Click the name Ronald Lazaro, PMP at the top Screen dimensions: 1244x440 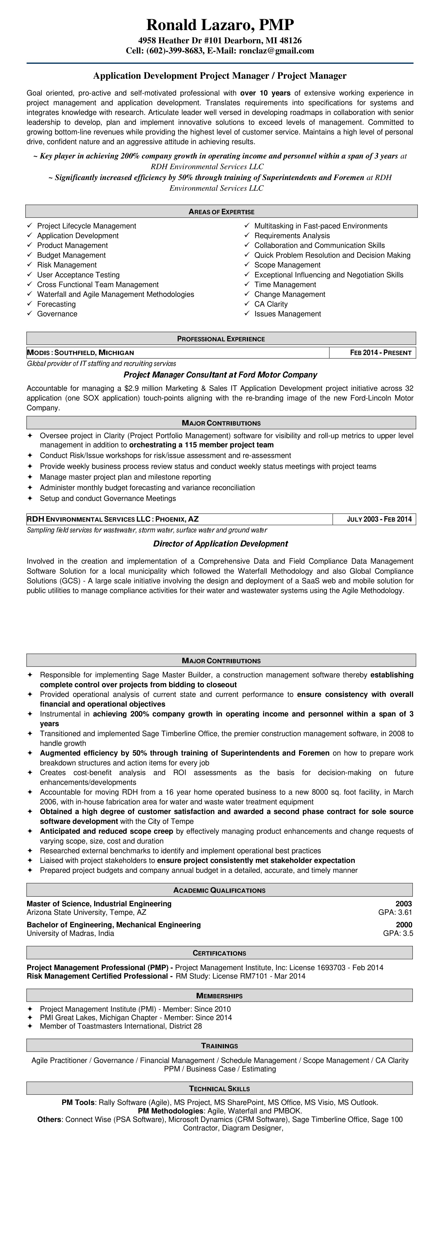tap(220, 25)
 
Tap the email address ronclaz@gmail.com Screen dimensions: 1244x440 tap(276, 51)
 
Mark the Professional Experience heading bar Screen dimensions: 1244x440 tap(221, 339)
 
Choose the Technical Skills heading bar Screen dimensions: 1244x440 tap(219, 1088)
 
